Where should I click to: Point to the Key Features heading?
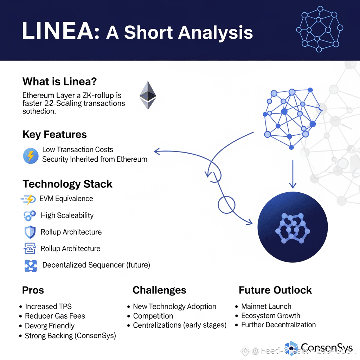click(54, 134)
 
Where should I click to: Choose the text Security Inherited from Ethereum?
click(95, 159)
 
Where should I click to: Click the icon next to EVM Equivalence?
click(28, 199)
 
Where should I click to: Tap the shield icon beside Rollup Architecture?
click(30, 232)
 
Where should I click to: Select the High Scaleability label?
click(67, 215)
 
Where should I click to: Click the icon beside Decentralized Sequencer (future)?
click(31, 265)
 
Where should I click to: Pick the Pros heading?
click(33, 290)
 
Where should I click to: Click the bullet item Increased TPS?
click(48, 307)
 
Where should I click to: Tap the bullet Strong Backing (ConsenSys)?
click(70, 336)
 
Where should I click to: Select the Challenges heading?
click(159, 290)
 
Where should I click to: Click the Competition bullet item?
click(153, 316)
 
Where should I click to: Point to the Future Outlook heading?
click(275, 290)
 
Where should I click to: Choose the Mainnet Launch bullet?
click(266, 307)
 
